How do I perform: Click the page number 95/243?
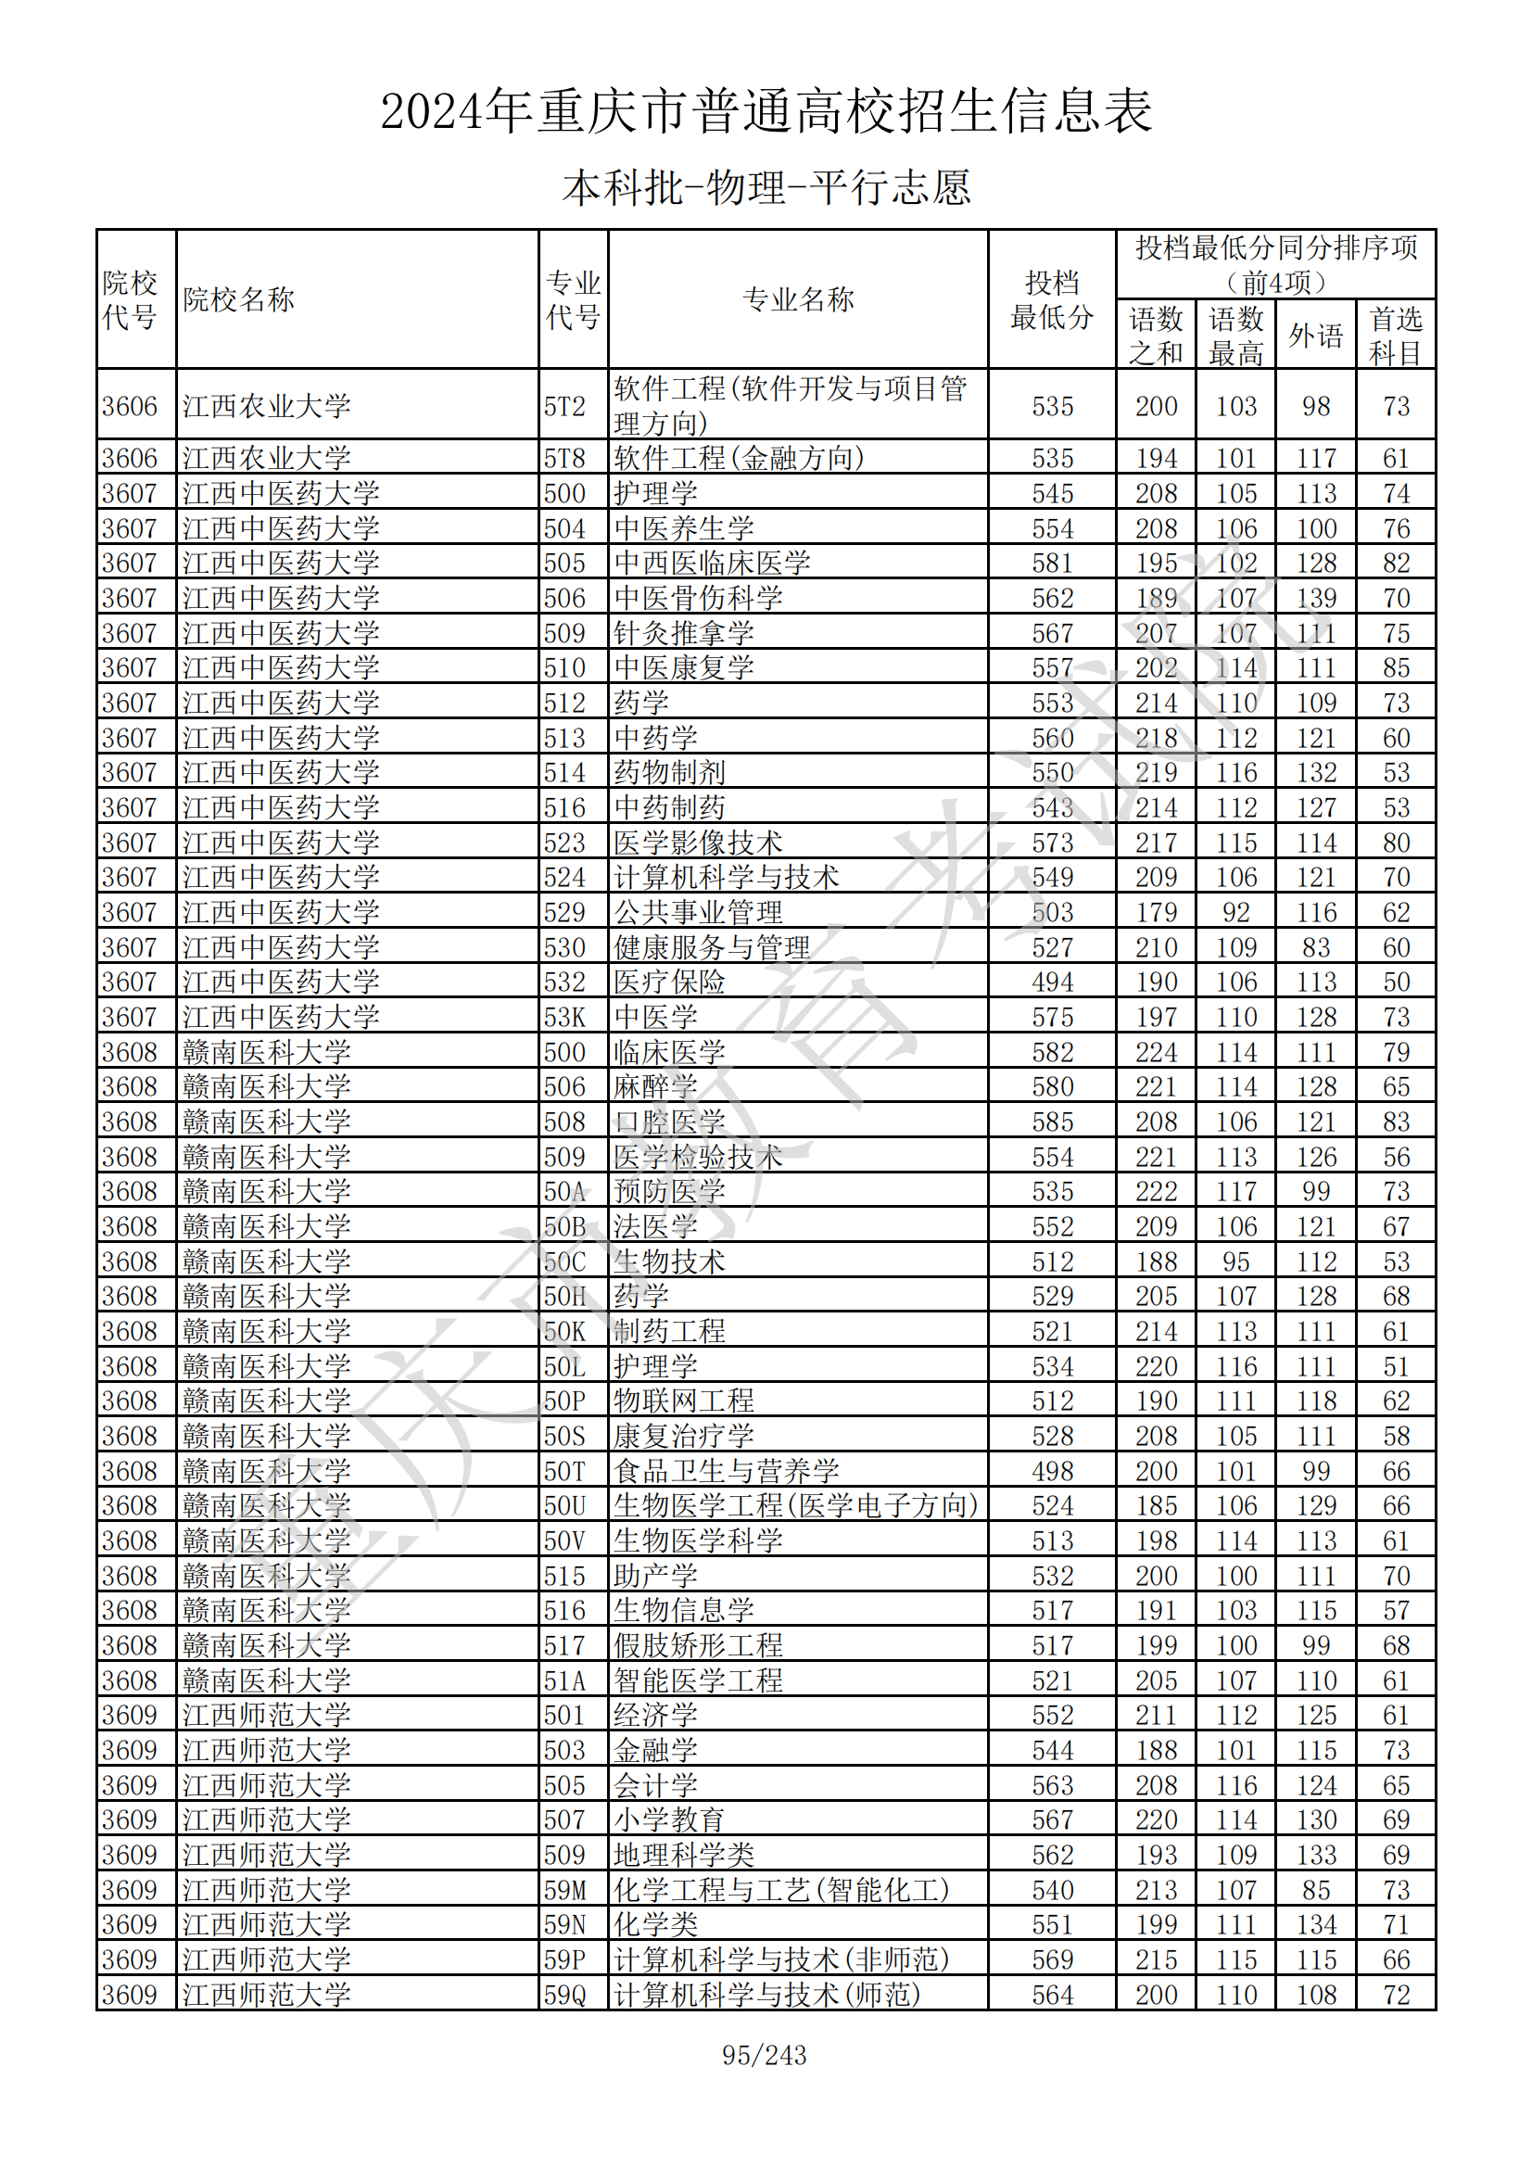click(764, 2056)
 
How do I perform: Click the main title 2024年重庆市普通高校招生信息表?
click(766, 111)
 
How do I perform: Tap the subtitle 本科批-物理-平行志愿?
click(766, 188)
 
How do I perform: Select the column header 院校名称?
click(239, 299)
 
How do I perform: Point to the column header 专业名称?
click(798, 299)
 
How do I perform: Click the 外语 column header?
click(1315, 336)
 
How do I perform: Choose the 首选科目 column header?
click(1395, 336)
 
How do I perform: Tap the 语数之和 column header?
click(1156, 336)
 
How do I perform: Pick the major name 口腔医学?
click(669, 1122)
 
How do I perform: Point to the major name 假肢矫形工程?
click(698, 1645)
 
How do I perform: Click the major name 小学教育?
click(669, 1819)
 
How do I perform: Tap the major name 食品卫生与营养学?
click(726, 1470)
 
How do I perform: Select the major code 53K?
click(564, 1017)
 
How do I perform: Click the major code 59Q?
click(564, 1995)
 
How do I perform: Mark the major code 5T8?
click(564, 458)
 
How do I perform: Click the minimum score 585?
click(1052, 1122)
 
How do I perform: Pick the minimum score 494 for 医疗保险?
click(1052, 982)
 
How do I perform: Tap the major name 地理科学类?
click(683, 1855)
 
